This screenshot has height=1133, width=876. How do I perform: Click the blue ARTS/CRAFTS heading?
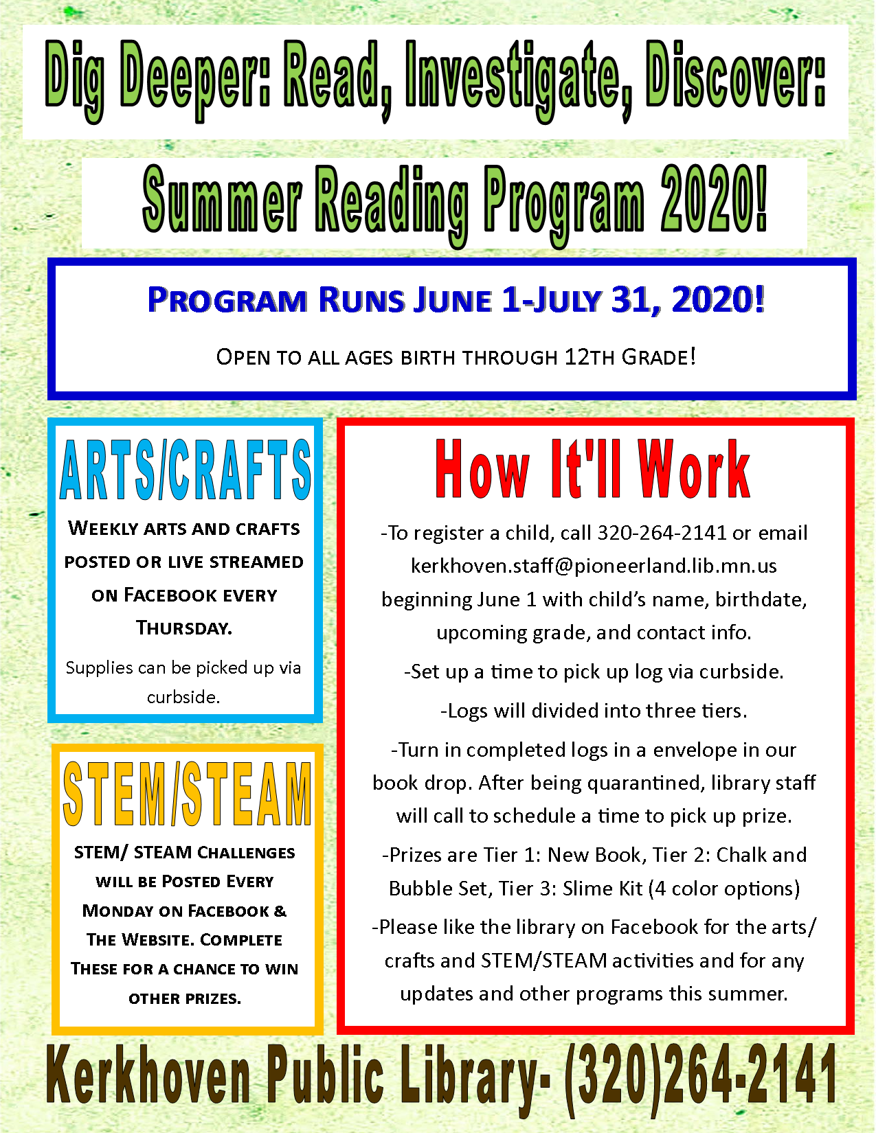(x=185, y=470)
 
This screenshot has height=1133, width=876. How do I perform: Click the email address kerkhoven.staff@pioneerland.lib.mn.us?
(x=594, y=566)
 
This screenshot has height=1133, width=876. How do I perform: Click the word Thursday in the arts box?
(x=184, y=628)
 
